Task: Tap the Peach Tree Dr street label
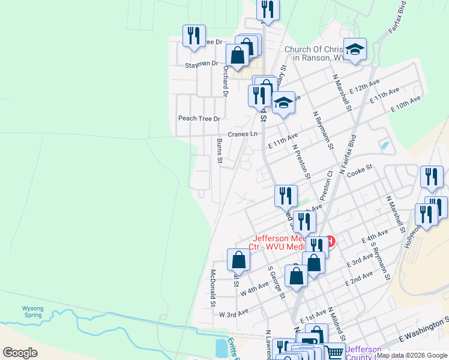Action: click(x=199, y=118)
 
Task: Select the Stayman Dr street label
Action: click(x=201, y=63)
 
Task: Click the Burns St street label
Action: click(x=220, y=151)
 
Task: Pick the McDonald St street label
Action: click(x=212, y=287)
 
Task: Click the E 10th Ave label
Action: click(x=406, y=104)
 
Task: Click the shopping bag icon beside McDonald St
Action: click(x=239, y=260)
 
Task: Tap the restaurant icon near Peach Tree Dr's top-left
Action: click(x=194, y=36)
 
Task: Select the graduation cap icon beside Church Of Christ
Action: click(x=355, y=50)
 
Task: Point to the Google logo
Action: click(x=20, y=353)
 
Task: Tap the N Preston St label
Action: click(x=300, y=160)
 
